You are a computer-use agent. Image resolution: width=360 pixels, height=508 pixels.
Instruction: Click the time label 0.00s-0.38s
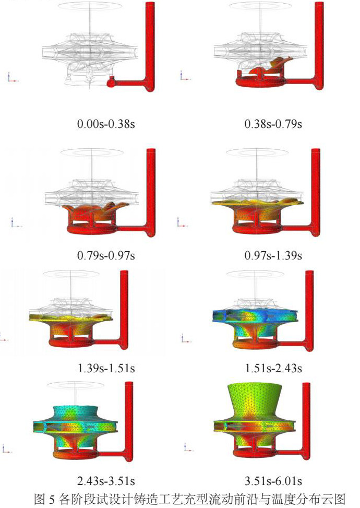[106, 124]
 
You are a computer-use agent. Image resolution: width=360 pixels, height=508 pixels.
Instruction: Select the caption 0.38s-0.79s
[273, 124]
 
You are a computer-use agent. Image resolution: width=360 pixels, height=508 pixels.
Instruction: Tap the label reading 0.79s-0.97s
[106, 256]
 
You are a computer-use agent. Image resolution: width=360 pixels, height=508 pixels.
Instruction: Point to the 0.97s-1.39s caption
[273, 256]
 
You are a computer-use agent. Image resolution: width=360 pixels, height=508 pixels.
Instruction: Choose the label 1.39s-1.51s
[106, 369]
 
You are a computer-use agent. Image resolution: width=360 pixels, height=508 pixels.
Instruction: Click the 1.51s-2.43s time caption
[273, 369]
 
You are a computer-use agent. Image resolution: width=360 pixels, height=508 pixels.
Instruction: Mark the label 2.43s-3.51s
[106, 481]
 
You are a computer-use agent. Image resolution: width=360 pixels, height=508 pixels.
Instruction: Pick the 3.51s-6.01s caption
[273, 481]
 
